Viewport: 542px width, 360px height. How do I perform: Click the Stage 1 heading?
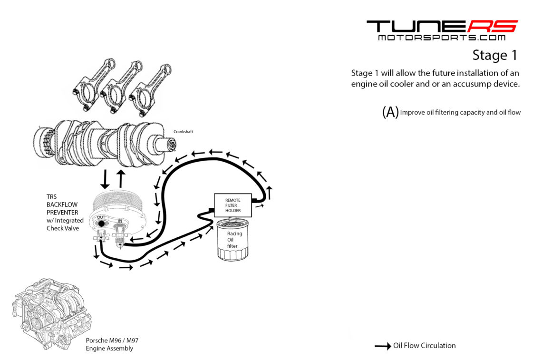(x=494, y=56)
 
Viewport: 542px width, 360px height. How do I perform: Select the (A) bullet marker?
(x=390, y=112)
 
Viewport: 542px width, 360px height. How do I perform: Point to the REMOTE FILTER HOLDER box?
(x=233, y=205)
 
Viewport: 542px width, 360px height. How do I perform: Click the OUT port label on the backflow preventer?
(x=101, y=217)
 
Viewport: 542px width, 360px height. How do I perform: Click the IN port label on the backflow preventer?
(x=119, y=221)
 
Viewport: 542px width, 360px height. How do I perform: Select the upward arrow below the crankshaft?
(x=121, y=178)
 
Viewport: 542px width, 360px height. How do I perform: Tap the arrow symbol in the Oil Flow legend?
(x=382, y=346)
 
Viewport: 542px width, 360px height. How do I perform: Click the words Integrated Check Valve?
(x=65, y=224)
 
